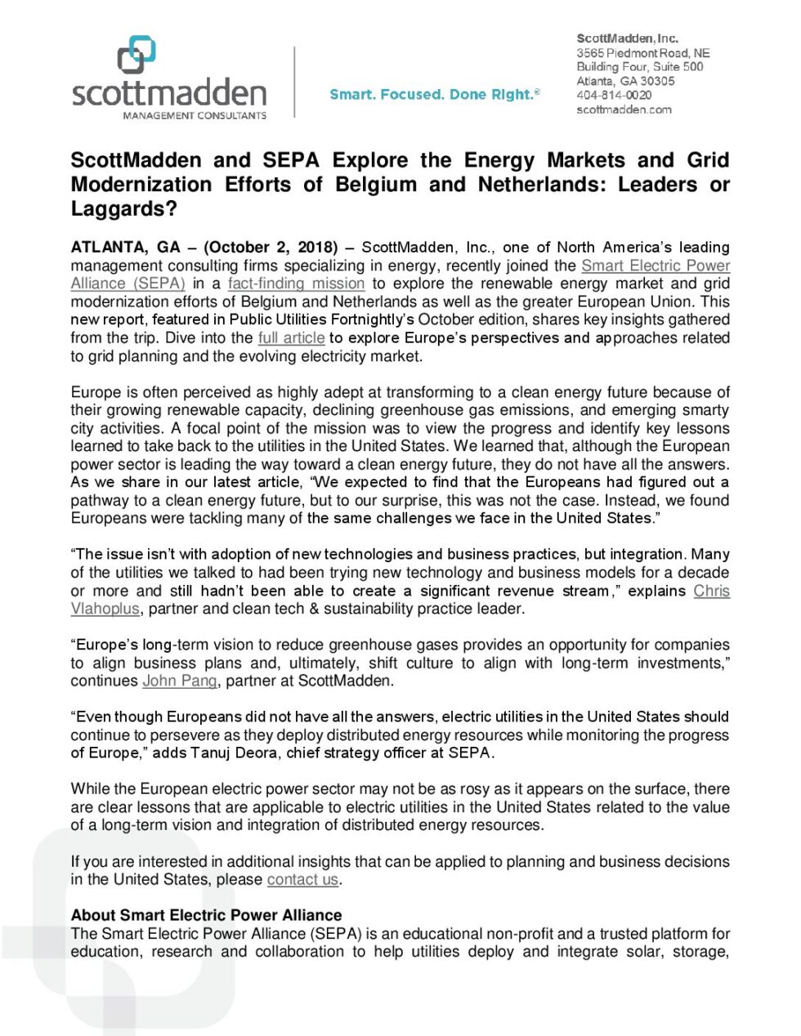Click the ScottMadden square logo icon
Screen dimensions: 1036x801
tap(136, 54)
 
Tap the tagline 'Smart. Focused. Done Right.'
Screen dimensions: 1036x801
tap(434, 95)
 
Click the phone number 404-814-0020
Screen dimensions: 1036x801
tap(614, 96)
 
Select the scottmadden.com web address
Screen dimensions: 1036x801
tap(624, 109)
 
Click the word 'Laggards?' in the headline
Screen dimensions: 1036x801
tap(124, 209)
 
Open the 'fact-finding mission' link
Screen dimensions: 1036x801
tap(296, 284)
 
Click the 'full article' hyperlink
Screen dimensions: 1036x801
tap(291, 337)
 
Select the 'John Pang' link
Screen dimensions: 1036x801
tap(180, 681)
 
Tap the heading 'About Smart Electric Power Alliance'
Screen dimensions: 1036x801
tap(206, 915)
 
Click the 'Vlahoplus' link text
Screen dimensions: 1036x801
tap(105, 609)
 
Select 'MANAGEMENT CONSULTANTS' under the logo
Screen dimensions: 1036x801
tap(195, 116)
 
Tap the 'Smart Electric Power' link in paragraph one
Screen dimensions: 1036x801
tap(656, 266)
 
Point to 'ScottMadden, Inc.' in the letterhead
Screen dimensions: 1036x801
tap(627, 38)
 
